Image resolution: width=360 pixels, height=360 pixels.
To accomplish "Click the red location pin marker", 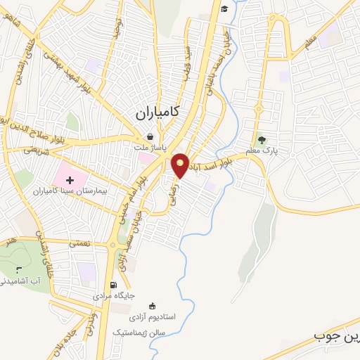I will (181, 165).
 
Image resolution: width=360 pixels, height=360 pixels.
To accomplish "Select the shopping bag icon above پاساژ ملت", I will (150, 136).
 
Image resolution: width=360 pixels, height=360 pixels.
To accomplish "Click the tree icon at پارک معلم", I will (262, 140).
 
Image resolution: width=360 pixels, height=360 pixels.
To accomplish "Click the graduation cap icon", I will (224, 9).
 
